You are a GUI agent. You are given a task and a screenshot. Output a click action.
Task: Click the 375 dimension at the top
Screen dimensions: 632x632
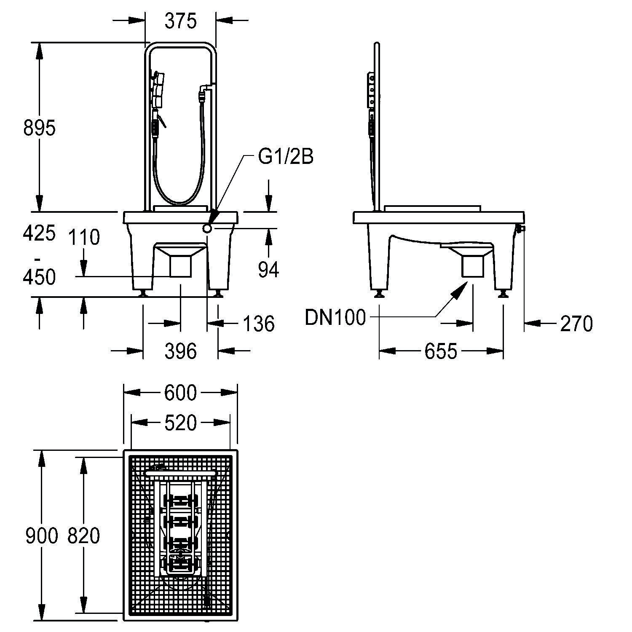[180, 21]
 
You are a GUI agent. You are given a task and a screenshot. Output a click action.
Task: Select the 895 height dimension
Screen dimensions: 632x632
[39, 128]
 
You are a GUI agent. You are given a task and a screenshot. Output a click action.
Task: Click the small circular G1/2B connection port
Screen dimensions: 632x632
[208, 228]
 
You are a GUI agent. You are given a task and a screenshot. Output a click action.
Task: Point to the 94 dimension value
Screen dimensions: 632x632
[268, 270]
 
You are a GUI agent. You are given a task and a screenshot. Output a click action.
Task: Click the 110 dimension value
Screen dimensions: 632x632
[84, 237]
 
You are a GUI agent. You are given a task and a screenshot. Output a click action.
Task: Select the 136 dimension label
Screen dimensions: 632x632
[258, 324]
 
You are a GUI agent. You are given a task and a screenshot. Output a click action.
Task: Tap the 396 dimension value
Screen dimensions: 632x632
[180, 351]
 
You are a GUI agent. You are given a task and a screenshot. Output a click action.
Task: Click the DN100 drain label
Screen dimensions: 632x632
[335, 317]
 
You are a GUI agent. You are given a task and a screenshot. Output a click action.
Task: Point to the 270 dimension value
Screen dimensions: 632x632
[576, 324]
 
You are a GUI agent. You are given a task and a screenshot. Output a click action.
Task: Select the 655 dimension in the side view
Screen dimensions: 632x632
[440, 351]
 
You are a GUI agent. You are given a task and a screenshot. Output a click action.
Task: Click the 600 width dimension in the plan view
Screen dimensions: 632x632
[180, 393]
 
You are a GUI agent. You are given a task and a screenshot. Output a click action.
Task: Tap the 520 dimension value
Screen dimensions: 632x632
[180, 423]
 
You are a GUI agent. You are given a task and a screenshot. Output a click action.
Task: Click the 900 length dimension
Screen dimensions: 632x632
[41, 536]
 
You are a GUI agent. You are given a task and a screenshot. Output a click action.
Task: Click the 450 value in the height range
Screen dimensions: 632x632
[39, 277]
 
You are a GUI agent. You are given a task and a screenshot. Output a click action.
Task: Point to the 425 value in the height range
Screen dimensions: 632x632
[39, 233]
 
